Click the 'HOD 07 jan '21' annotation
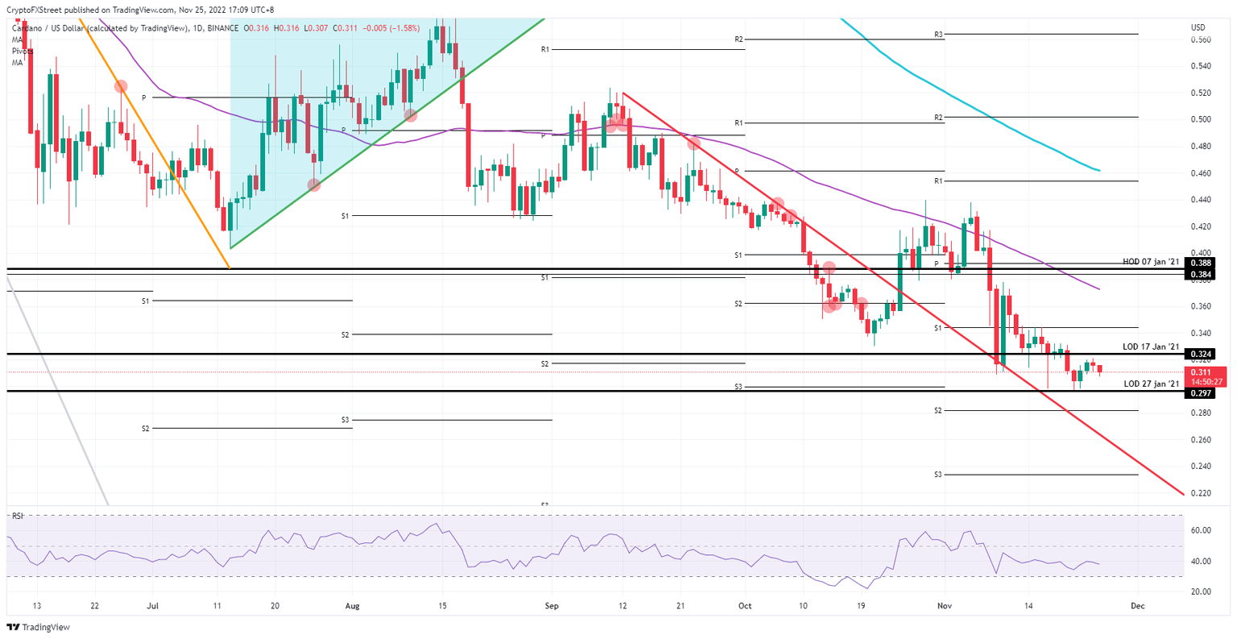click(1151, 262)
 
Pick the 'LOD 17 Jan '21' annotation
click(1151, 346)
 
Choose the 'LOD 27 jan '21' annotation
click(1151, 384)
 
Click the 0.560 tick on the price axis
click(1200, 39)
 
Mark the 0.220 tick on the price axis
click(1200, 493)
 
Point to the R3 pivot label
click(938, 35)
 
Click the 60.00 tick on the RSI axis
click(1201, 530)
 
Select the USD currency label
click(1198, 27)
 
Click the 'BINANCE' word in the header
click(222, 28)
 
